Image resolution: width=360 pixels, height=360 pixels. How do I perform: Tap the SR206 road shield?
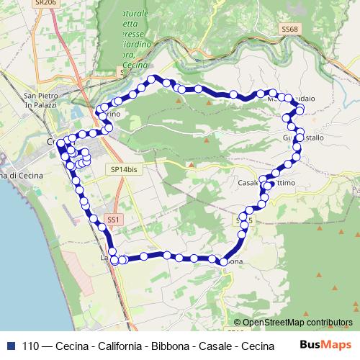pyautogui.click(x=45, y=4)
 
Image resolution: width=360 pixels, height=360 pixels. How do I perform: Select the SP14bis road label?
pyautogui.click(x=124, y=168)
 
